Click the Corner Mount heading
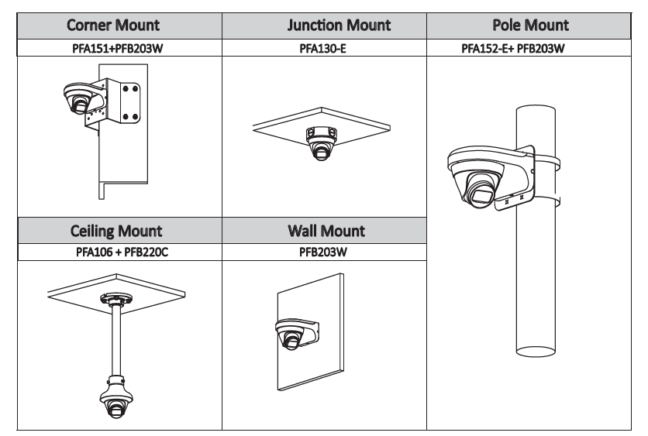tap(112, 25)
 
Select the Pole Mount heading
tap(530, 25)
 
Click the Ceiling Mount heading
tap(116, 231)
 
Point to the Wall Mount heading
tap(326, 231)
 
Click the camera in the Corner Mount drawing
tap(79, 98)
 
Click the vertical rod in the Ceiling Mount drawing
tap(116, 341)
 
